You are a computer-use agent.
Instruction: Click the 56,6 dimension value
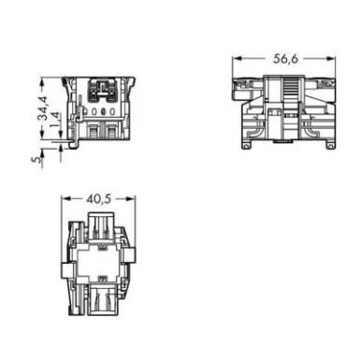click(286, 59)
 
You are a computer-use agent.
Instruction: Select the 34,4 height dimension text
click(42, 108)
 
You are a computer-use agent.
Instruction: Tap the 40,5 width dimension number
click(98, 199)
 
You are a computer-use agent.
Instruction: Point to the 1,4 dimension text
click(55, 120)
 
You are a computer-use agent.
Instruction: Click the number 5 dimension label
click(36, 159)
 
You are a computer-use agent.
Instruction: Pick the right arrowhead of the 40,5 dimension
click(131, 199)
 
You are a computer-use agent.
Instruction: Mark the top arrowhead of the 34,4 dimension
click(42, 82)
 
